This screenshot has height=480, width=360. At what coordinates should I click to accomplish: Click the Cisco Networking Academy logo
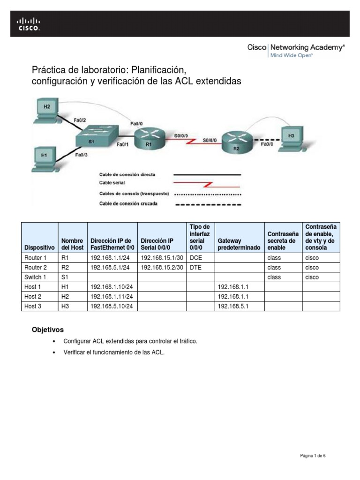coord(296,50)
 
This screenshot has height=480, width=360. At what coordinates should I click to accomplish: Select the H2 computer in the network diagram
coord(47,110)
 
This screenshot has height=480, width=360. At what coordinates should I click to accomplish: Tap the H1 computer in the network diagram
coord(45,157)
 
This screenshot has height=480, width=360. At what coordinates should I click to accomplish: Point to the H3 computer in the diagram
coord(292,137)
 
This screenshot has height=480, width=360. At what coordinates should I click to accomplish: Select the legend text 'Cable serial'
coord(112,183)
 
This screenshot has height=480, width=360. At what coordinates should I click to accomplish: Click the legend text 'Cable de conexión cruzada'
coord(128,203)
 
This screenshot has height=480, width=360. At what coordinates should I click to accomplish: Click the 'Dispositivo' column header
coord(40,247)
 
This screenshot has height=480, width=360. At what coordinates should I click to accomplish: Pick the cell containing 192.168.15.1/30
coord(161,258)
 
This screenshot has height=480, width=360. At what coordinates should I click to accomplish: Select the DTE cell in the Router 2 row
coord(195,268)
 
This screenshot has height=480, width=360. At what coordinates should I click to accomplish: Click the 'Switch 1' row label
coord(35,277)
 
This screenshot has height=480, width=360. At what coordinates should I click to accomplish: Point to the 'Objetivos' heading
coord(47,330)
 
